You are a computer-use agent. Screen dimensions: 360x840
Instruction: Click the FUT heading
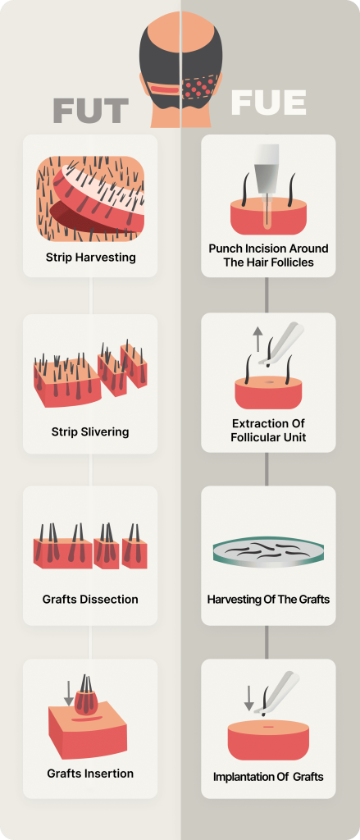pos(90,111)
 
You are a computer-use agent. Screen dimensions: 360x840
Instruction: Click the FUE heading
pos(268,103)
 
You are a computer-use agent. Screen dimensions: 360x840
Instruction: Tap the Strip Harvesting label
pos(90,258)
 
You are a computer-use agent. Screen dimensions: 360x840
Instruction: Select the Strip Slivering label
pos(90,431)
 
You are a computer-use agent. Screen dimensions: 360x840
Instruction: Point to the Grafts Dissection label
pos(90,600)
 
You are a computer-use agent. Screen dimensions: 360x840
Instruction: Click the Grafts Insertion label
pos(90,774)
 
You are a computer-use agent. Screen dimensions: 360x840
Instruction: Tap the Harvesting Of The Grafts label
pos(268,599)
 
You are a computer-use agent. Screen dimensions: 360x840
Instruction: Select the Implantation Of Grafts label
pos(268,776)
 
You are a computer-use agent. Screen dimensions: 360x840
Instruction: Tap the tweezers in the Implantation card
pos(276,692)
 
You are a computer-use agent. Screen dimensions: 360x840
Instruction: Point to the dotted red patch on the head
pos(199,86)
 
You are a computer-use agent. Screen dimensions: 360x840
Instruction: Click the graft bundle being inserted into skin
pos(86,697)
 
